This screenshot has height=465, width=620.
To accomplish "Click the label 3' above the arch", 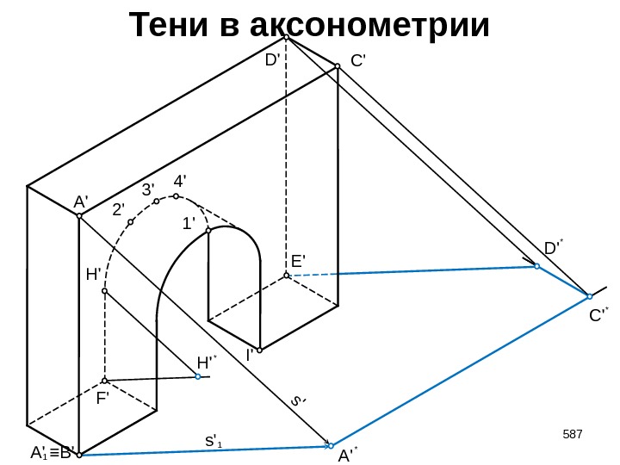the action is (x=148, y=189).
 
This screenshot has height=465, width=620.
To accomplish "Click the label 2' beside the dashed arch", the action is (x=118, y=209).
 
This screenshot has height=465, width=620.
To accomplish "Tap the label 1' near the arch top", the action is (x=189, y=223).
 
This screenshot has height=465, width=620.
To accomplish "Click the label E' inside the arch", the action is (x=298, y=260).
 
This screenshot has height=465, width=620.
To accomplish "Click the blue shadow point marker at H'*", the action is (x=198, y=376).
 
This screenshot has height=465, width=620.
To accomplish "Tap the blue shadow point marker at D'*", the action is (x=536, y=267).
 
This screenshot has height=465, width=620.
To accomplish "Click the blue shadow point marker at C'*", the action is (x=589, y=296).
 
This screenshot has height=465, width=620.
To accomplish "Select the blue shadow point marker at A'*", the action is (x=331, y=446).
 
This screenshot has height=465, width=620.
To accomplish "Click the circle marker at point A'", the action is (x=78, y=216).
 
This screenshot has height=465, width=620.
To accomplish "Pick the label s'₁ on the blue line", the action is (x=212, y=441).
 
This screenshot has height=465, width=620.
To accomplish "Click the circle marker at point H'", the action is (x=104, y=292).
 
